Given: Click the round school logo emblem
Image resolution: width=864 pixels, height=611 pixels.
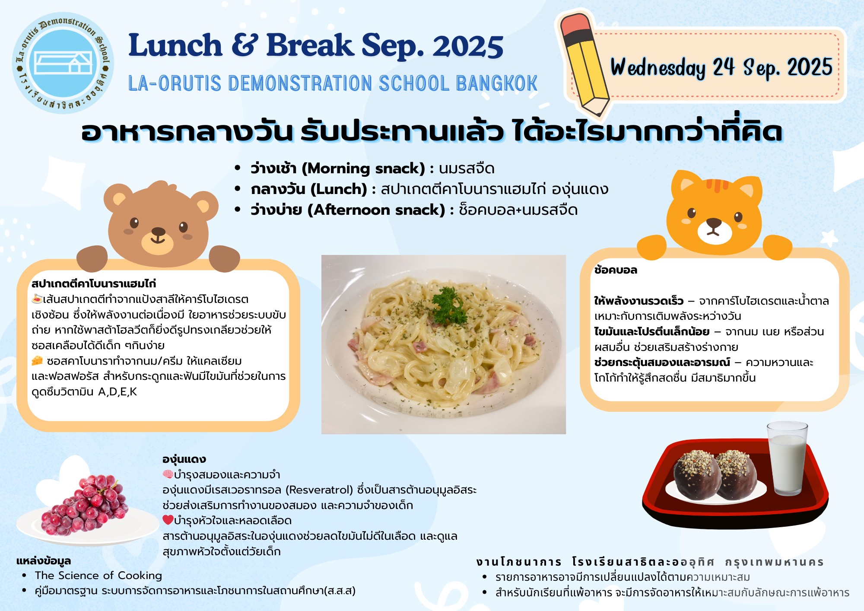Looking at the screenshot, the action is point(63,63).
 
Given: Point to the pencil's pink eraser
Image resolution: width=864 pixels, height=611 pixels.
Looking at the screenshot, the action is point(577,25).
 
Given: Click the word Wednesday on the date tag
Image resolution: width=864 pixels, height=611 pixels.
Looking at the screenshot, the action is point(658,68).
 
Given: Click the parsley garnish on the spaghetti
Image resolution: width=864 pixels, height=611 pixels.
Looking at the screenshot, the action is point(449,305).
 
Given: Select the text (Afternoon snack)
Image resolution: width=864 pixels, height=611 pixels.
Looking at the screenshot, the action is point(376,210).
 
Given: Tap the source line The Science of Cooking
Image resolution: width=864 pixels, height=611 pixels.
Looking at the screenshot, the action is point(98,576).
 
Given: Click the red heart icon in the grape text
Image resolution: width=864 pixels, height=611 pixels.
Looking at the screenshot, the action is point(168,520).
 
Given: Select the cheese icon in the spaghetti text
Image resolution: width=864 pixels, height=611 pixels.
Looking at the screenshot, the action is point(38,360).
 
